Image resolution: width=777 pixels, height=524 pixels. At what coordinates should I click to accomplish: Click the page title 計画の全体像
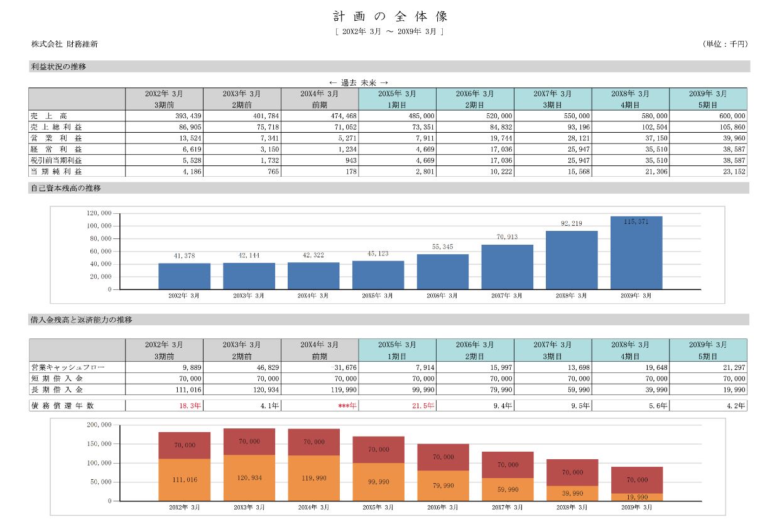[389, 16]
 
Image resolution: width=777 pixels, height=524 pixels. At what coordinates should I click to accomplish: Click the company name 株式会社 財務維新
[65, 44]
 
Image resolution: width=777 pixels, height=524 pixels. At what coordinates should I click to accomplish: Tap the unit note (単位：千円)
[725, 44]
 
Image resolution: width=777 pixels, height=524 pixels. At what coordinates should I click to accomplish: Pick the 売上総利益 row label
[57, 127]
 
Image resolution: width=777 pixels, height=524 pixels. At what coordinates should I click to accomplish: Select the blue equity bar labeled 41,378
[184, 277]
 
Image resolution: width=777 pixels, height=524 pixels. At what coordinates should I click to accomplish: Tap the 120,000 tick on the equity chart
[99, 213]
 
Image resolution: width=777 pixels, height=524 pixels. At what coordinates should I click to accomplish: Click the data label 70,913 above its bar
[507, 237]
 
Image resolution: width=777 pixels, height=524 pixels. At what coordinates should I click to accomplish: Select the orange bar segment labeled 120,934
[249, 478]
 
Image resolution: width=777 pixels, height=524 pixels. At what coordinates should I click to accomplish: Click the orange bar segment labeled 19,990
[636, 497]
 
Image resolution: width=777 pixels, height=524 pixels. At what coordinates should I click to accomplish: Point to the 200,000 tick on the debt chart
[99, 425]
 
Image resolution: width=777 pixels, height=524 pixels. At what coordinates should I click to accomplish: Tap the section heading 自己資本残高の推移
[66, 188]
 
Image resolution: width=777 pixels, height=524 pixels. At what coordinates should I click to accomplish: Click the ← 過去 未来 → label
[359, 82]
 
